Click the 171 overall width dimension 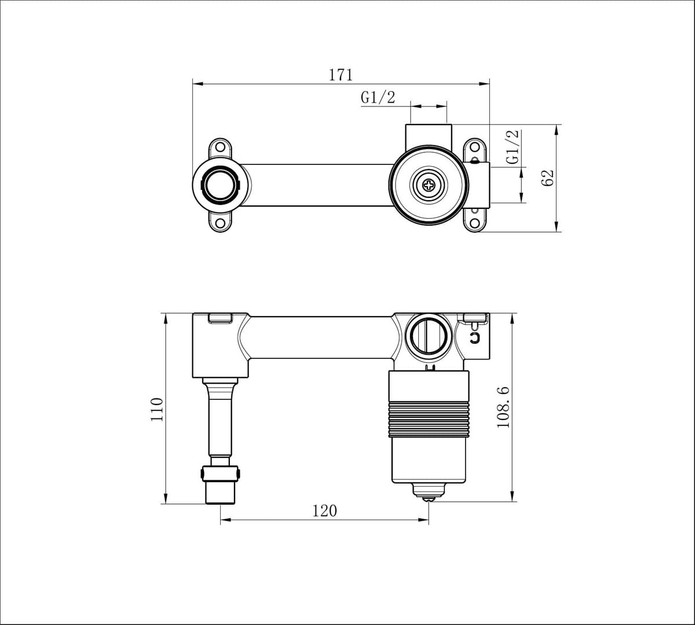(341, 75)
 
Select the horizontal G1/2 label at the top (378, 97)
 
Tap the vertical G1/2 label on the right (513, 147)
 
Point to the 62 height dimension (547, 177)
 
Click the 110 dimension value (157, 409)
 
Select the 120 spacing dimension (324, 510)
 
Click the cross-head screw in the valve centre (428, 186)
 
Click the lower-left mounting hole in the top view (221, 223)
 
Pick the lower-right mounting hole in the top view (474, 223)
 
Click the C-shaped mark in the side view (475, 337)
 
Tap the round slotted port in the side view (428, 334)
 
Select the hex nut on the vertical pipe (220, 474)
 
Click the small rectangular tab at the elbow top (220, 318)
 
